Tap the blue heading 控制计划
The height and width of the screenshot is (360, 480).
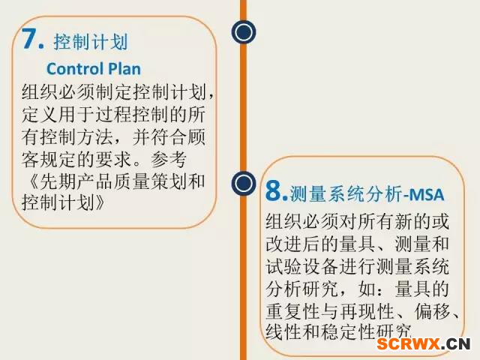91,42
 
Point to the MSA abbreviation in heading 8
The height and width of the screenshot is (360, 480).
426,194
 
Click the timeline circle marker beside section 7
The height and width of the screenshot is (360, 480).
244,31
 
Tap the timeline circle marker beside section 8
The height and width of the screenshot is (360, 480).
244,183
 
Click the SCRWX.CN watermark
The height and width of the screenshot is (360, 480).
423,343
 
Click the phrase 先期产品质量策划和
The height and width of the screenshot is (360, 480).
122,181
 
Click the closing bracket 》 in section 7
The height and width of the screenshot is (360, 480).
100,202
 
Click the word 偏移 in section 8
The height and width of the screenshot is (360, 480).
433,312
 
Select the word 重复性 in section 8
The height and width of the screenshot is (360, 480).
293,312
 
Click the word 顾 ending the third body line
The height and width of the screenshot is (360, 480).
196,136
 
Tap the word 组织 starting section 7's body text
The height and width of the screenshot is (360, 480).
40,91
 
